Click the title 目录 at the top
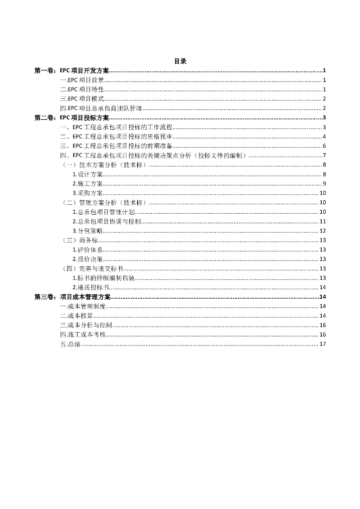tap(180, 61)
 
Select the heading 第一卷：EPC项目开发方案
tap(72, 71)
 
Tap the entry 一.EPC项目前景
tap(82, 80)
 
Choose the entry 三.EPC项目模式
tap(82, 99)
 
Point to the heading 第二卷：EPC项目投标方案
tap(72, 118)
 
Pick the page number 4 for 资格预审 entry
tap(324, 137)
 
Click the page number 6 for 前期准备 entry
tap(324, 146)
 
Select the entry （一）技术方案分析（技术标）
tap(103, 165)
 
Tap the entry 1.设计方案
tap(88, 174)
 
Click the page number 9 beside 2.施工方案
tap(324, 184)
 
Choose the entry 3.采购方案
tap(88, 193)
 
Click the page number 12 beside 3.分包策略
tap(322, 231)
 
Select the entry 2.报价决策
tap(88, 259)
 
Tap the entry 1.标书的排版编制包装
tap(103, 278)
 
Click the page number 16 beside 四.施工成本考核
tap(322, 335)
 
